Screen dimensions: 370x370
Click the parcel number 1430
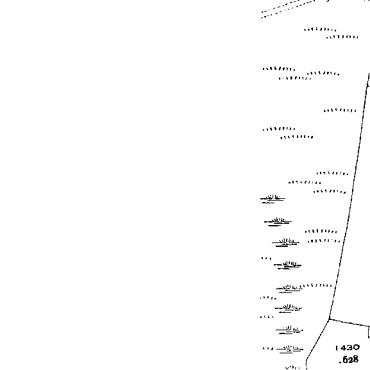(x=348, y=348)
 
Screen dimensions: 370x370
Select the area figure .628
(x=349, y=360)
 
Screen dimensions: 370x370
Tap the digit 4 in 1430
(x=342, y=348)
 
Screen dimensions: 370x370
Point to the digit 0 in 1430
(x=357, y=348)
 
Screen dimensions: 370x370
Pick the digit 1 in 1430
(x=336, y=348)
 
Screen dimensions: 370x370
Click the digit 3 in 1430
(x=349, y=348)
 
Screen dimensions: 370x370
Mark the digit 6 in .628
(x=345, y=360)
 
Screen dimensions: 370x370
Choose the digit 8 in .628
(x=356, y=360)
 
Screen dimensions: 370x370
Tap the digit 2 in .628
(x=350, y=360)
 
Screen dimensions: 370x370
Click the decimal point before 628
(x=340, y=362)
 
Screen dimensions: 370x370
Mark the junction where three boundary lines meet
(x=329, y=319)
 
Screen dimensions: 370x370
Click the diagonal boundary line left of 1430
(x=317, y=340)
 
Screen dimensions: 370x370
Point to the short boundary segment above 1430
(x=349, y=323)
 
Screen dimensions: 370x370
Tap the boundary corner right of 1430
(x=369, y=326)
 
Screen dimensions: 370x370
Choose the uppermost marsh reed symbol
(x=273, y=199)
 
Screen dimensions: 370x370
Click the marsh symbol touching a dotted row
(x=289, y=289)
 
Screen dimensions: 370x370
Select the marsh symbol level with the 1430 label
(x=290, y=349)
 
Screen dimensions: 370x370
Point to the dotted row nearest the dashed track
(x=320, y=29)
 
